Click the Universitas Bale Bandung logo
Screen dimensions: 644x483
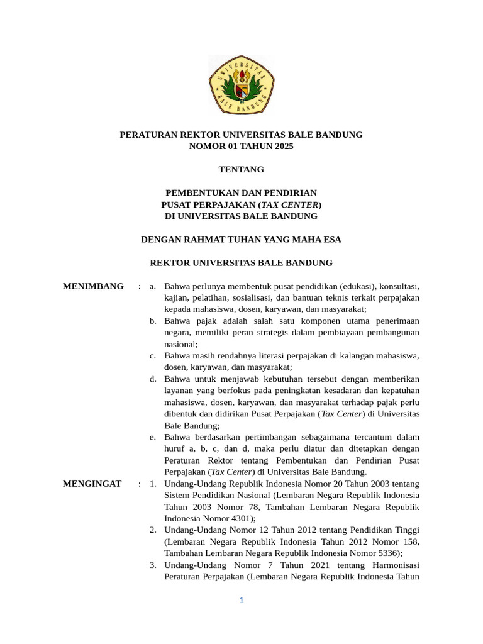coord(241,86)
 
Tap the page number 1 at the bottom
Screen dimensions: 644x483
coord(241,601)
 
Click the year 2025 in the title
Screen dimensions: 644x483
coord(283,147)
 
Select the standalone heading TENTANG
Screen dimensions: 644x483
coord(241,169)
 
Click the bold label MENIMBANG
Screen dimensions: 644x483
coord(93,287)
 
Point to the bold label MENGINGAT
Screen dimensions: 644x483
coord(92,484)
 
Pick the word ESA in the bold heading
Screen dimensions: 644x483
coord(333,240)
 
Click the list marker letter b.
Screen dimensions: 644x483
coord(153,321)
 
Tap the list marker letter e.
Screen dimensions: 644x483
coord(153,437)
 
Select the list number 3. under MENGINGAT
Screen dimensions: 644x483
coord(153,565)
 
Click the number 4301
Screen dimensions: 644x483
coord(241,519)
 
